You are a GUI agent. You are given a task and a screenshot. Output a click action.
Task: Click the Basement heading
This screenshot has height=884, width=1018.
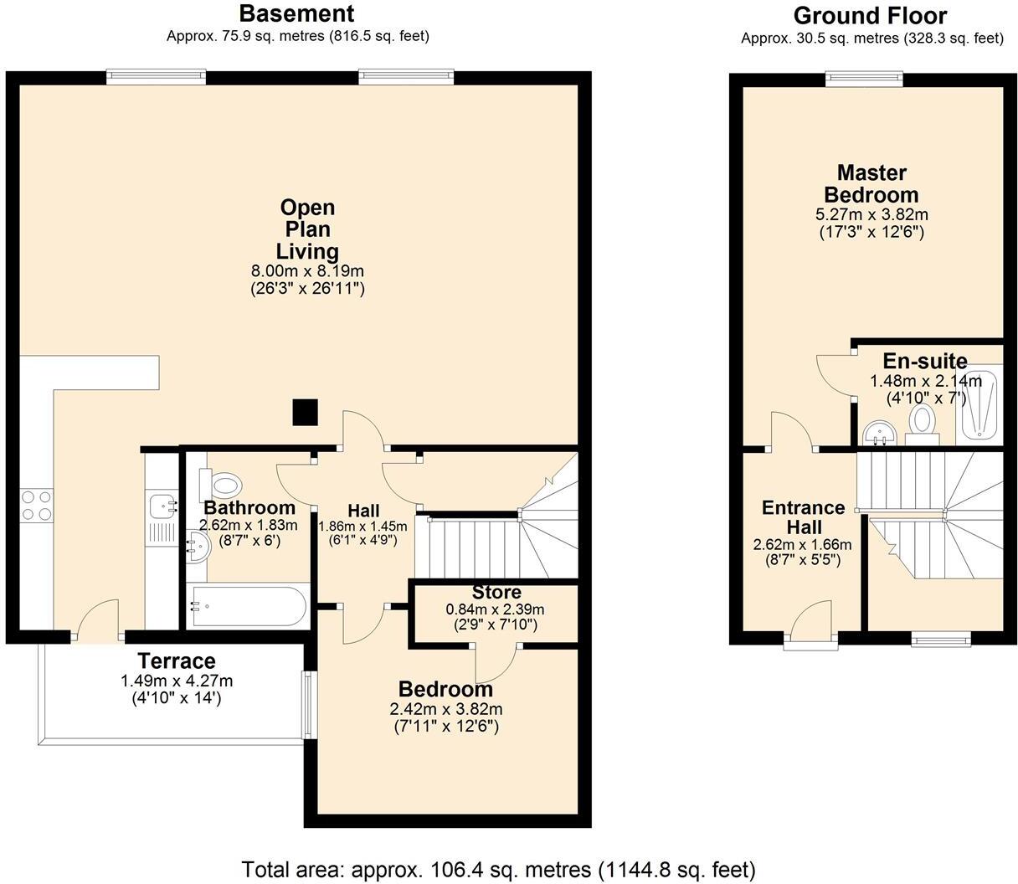[296, 14]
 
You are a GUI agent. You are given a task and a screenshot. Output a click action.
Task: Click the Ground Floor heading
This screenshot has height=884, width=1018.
[870, 16]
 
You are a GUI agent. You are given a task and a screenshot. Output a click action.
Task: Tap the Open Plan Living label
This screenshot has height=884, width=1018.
[307, 229]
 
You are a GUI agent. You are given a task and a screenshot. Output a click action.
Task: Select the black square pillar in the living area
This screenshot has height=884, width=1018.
[305, 412]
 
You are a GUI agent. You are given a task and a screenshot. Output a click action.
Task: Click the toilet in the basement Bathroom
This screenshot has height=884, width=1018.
[224, 484]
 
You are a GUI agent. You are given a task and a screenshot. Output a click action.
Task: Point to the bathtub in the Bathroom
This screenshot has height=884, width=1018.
[247, 606]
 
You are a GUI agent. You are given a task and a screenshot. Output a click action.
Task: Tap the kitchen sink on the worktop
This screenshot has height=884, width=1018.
[161, 505]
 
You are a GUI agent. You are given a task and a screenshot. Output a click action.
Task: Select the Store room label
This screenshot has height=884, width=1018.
[496, 593]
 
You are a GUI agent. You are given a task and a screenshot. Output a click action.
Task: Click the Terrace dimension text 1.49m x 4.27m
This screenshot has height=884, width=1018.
[177, 681]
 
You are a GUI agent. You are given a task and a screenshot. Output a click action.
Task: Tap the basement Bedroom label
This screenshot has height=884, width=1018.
[445, 690]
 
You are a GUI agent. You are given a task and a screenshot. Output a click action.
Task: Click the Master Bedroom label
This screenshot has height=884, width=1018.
[871, 184]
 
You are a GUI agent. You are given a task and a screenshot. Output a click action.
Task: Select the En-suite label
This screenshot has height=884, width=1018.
[925, 362]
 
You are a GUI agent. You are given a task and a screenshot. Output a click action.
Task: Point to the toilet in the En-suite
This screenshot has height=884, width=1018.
[922, 420]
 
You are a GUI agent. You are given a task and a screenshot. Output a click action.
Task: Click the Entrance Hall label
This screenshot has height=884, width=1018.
[803, 517]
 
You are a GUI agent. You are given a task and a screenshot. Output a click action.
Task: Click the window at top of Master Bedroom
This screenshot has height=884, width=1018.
[864, 80]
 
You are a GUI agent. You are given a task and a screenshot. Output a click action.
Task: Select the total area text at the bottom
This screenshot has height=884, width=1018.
[499, 868]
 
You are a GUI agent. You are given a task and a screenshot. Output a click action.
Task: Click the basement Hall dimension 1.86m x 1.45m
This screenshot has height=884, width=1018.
[362, 527]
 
